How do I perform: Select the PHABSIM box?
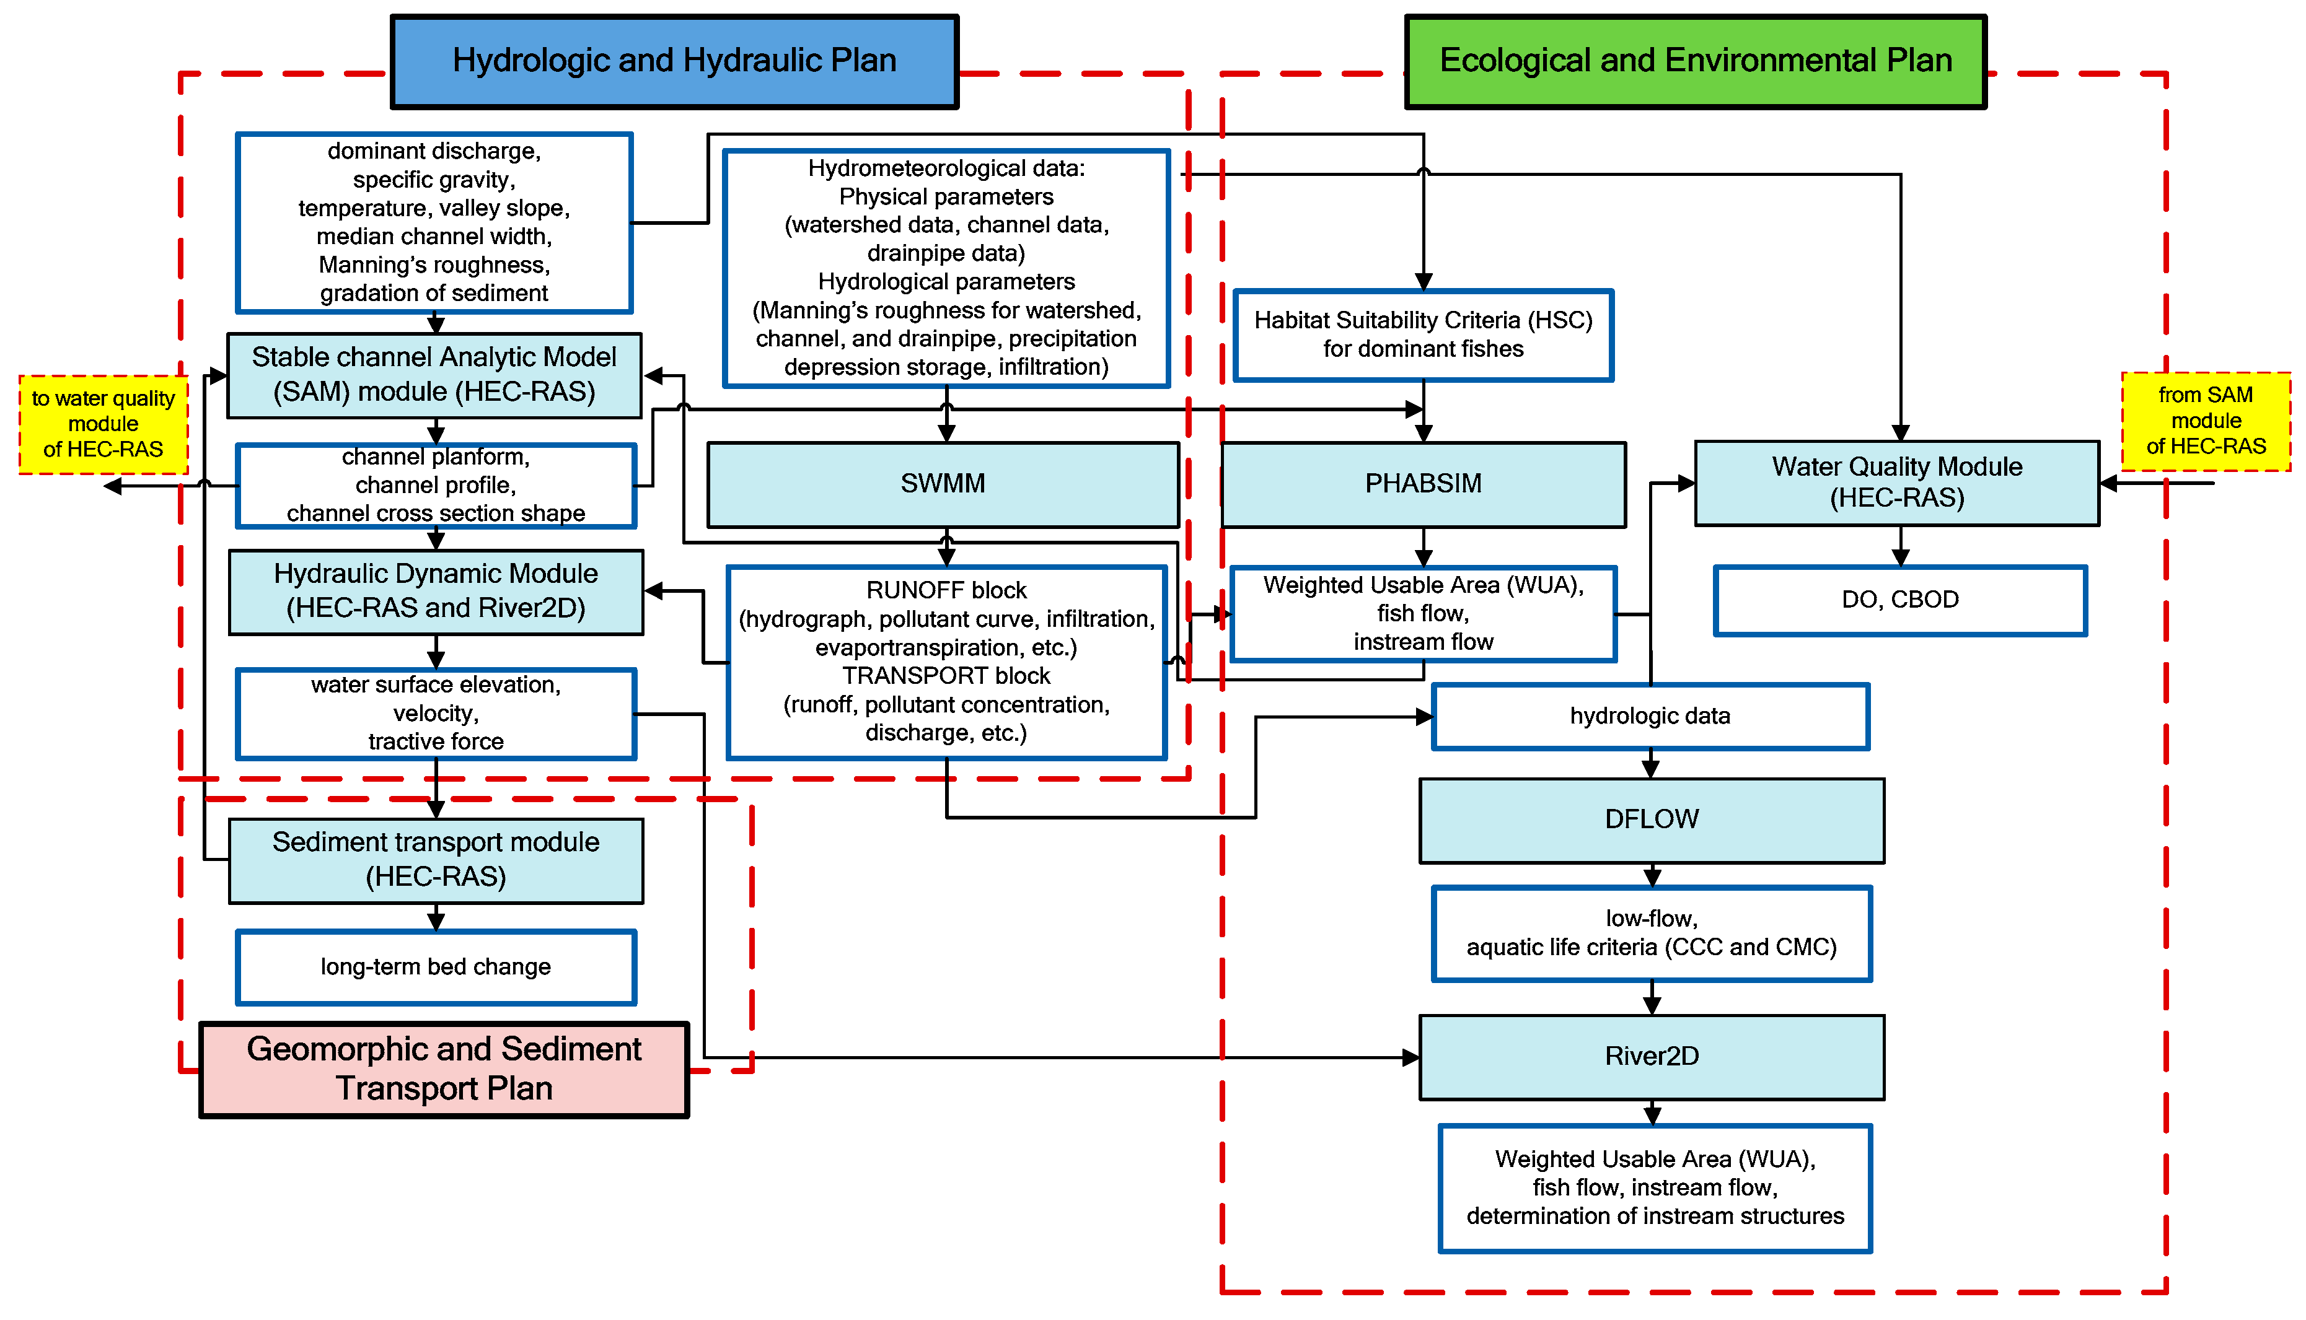click(x=1423, y=484)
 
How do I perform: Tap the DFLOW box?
click(x=1652, y=820)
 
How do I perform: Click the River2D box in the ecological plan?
click(x=1652, y=1057)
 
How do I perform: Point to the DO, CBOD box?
click(x=1899, y=600)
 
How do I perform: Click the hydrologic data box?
click(x=1650, y=716)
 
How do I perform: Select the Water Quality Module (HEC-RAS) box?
click(x=1896, y=483)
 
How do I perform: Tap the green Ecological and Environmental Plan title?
click(x=1695, y=61)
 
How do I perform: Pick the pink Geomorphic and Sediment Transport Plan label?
click(x=444, y=1069)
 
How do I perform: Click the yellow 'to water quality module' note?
click(x=103, y=424)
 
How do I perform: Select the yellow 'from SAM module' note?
click(x=2206, y=421)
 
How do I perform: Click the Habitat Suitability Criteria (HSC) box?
click(x=1423, y=334)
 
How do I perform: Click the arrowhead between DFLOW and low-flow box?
click(x=1652, y=878)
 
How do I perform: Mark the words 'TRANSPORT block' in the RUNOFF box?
click(x=946, y=676)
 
